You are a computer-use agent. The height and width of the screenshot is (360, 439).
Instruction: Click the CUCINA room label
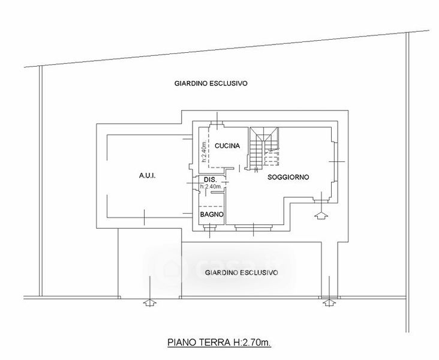pos(227,146)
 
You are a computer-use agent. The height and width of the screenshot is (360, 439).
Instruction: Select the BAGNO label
pos(212,215)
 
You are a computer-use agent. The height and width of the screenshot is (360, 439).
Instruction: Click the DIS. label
pos(210,180)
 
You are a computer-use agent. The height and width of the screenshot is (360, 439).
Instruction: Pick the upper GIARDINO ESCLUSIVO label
pos(211,84)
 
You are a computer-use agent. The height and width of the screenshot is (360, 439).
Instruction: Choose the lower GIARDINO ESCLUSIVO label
pos(241,272)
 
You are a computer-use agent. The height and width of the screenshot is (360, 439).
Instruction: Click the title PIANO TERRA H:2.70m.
pos(220,344)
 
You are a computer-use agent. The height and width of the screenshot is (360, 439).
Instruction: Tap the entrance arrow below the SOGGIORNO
pos(323,214)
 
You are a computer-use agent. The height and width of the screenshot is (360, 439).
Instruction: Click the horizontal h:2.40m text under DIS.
pos(211,187)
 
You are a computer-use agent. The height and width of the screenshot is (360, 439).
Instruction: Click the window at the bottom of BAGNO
pos(211,227)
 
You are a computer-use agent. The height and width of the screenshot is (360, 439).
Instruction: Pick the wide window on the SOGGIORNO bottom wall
pos(255,227)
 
